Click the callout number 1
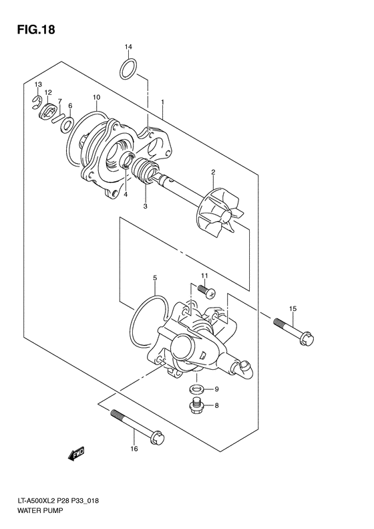click(x=162, y=103)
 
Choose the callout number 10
click(x=97, y=98)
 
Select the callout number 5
click(x=154, y=277)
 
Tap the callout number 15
click(x=293, y=308)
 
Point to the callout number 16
click(x=134, y=467)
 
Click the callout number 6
click(x=69, y=106)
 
